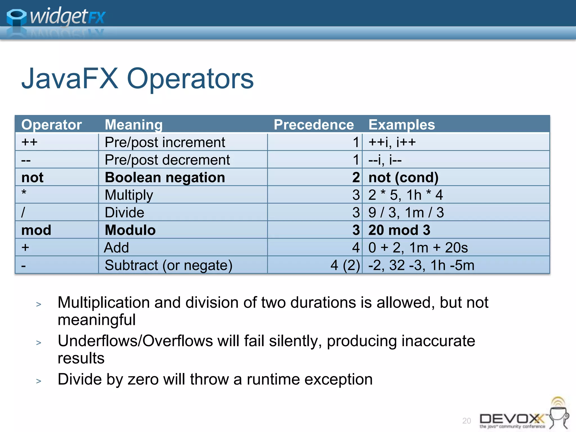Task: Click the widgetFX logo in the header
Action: pos(56,17)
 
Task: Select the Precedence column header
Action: pos(314,125)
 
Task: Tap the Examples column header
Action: pos(401,125)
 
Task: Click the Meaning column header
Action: pos(134,125)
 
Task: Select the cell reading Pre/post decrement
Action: pos(167,160)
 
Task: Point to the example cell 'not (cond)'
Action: pos(403,177)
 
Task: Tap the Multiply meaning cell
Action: pos(129,195)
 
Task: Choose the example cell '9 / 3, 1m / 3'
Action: pos(406,213)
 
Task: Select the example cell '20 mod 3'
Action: pos(399,230)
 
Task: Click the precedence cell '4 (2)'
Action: pos(345,265)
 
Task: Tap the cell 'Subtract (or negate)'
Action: pos(168,265)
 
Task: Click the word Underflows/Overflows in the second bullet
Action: pos(135,341)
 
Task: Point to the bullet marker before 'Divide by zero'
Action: pos(39,381)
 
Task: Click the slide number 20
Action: pos(466,421)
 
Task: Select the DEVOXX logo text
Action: pos(512,419)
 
